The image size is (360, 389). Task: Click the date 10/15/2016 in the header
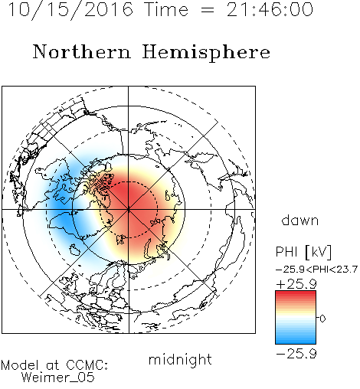point(70,10)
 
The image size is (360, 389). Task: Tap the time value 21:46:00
point(270,9)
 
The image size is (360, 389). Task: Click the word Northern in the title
point(82,51)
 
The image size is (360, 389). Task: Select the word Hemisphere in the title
point(206,53)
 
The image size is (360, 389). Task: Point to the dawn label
point(300,220)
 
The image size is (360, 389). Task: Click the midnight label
point(180,360)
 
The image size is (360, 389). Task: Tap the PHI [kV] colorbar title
point(303,252)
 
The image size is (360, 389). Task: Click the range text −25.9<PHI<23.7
point(316,270)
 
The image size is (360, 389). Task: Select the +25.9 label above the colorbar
point(296,284)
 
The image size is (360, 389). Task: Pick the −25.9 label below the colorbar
point(296,354)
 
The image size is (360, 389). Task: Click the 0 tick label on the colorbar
point(322,319)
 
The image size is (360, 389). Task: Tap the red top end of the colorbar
point(296,293)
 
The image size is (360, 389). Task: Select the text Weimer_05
point(58,378)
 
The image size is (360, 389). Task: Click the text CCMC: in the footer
point(87,365)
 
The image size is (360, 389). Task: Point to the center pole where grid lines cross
point(129,210)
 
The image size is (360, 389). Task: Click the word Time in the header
point(166,10)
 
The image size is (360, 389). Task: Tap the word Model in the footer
point(20,365)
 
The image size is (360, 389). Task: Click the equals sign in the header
point(208,11)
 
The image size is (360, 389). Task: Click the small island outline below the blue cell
point(75,250)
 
